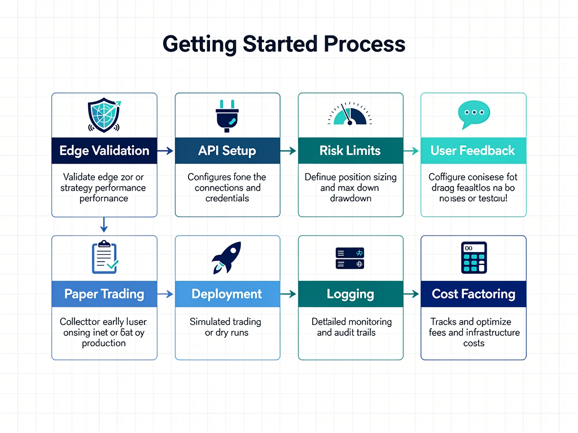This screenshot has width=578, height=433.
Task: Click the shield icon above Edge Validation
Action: pyautogui.click(x=104, y=114)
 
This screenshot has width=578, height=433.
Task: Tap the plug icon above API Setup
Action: pyautogui.click(x=227, y=114)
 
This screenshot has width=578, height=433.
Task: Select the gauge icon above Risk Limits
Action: pyautogui.click(x=350, y=114)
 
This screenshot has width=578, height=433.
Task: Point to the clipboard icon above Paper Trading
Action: pyautogui.click(x=104, y=257)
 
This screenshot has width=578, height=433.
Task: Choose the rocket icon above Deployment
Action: pyautogui.click(x=227, y=258)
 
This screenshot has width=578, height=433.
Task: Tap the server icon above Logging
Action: pyautogui.click(x=350, y=258)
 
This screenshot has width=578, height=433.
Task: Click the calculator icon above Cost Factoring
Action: pyautogui.click(x=473, y=258)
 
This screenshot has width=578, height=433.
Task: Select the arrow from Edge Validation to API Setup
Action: pyautogui.click(x=165, y=151)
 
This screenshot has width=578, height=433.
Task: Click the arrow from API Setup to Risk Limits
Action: pyautogui.click(x=288, y=151)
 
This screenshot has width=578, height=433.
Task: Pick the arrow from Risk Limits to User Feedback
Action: pyautogui.click(x=411, y=151)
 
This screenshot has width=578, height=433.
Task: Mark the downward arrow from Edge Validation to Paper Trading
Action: pyautogui.click(x=104, y=226)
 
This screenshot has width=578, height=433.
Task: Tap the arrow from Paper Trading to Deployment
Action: pyautogui.click(x=165, y=294)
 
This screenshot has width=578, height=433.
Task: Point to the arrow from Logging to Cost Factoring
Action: pyautogui.click(x=411, y=294)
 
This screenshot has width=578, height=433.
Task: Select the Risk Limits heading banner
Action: pyautogui.click(x=350, y=151)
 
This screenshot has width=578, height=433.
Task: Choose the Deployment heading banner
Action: pyautogui.click(x=227, y=294)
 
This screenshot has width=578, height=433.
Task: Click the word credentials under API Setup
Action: pyautogui.click(x=227, y=198)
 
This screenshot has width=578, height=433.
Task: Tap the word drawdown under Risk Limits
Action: pyautogui.click(x=350, y=198)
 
